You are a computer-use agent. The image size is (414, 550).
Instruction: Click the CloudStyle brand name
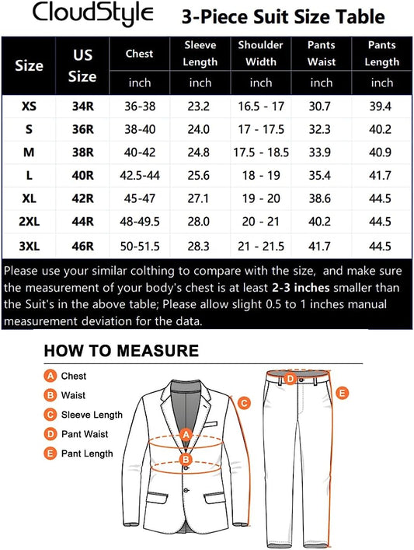pyautogui.click(x=82, y=14)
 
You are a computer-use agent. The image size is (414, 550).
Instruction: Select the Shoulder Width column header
pyautogui.click(x=261, y=52)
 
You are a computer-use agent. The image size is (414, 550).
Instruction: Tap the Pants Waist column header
pyautogui.click(x=322, y=52)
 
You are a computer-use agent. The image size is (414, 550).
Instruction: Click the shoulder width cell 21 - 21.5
pyautogui.click(x=261, y=247)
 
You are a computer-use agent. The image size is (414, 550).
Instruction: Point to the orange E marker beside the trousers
pyautogui.click(x=343, y=394)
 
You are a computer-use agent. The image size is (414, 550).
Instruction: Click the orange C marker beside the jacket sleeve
pyautogui.click(x=243, y=403)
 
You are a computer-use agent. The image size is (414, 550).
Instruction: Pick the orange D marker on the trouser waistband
pyautogui.click(x=290, y=379)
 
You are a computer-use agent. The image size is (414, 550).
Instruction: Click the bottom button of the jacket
pyautogui.click(x=186, y=490)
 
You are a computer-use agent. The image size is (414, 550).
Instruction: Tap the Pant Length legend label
pyautogui.click(x=87, y=454)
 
